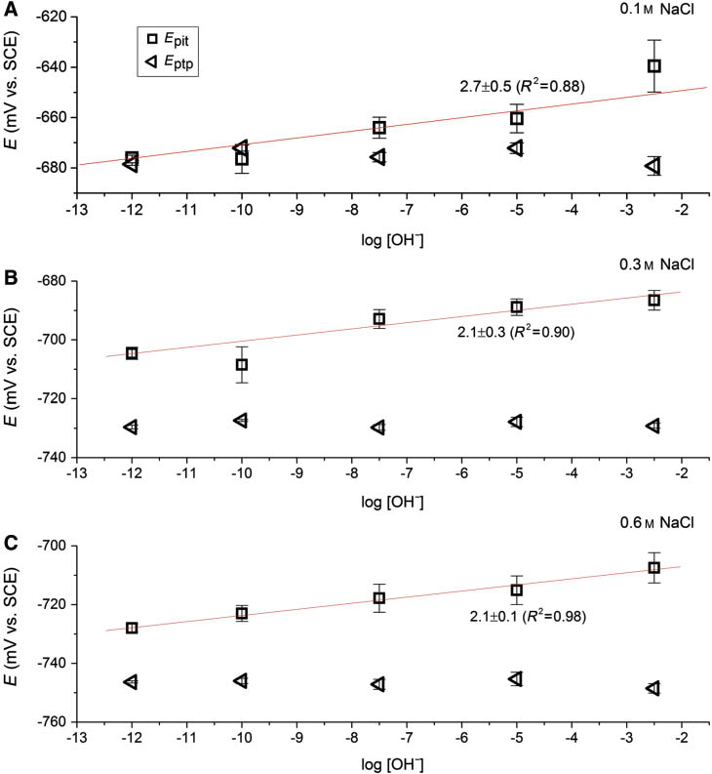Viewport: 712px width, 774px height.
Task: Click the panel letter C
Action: [x=9, y=538]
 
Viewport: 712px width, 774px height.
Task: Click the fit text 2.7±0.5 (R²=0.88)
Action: [x=522, y=87]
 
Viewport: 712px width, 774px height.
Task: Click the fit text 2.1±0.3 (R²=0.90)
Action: [x=516, y=332]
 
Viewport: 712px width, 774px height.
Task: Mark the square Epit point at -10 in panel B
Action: [x=241, y=364]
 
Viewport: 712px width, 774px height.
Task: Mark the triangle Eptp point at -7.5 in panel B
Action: [x=377, y=428]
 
